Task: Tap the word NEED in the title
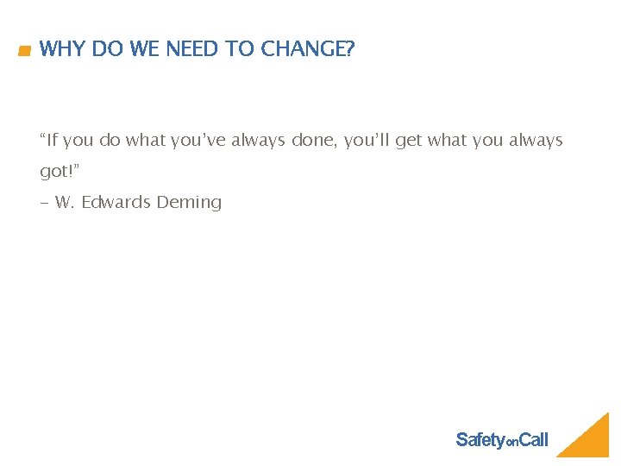(192, 49)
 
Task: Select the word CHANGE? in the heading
(307, 49)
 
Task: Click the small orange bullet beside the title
(24, 51)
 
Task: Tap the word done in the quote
(313, 140)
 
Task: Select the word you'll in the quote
(367, 140)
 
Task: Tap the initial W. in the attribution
(64, 203)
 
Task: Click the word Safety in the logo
(480, 440)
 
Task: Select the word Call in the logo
(534, 440)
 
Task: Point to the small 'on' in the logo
(511, 443)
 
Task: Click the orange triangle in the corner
(591, 439)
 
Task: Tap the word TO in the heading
(241, 49)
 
